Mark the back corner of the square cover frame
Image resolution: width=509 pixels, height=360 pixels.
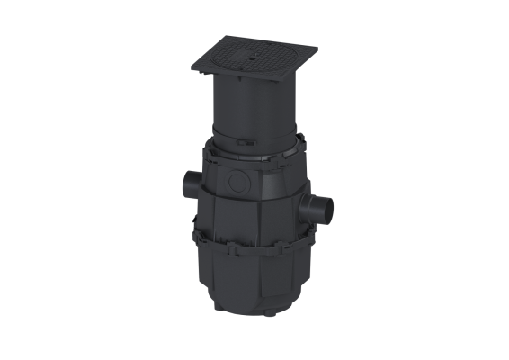(225, 40)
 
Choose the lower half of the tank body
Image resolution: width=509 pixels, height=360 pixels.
(256, 274)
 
